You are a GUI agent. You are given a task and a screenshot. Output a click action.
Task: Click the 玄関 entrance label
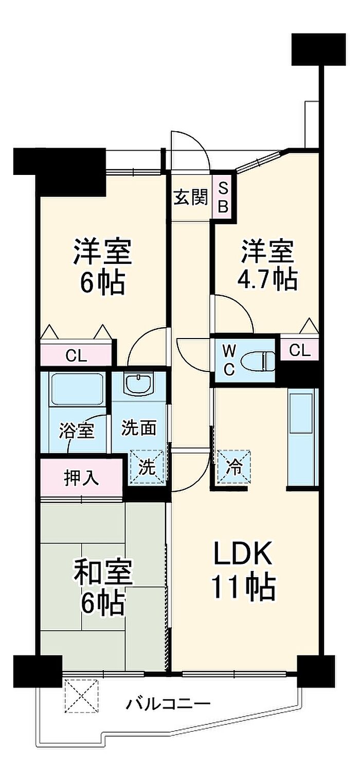click(191, 198)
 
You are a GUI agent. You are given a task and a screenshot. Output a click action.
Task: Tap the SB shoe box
click(223, 198)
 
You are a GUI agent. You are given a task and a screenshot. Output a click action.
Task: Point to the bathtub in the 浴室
click(77, 389)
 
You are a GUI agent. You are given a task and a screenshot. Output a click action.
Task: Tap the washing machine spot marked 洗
click(147, 467)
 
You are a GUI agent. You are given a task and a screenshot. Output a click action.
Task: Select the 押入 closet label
click(82, 477)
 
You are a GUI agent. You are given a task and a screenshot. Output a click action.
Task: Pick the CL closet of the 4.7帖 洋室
click(300, 350)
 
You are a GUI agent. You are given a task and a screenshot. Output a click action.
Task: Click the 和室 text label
click(102, 572)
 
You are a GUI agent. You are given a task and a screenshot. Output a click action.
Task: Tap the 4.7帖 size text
click(267, 279)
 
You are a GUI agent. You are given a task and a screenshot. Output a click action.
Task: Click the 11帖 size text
click(244, 587)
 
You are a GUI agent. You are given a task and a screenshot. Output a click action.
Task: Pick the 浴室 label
click(77, 431)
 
